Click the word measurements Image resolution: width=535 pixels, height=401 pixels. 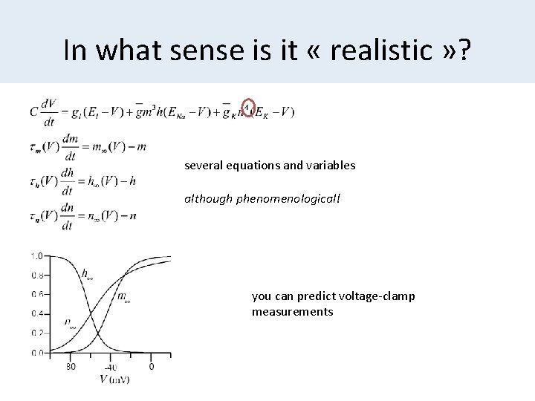pos(292,312)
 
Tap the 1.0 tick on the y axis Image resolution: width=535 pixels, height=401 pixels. pos(36,256)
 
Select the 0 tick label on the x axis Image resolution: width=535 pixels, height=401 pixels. pos(152,366)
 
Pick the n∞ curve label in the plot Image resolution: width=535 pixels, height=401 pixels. pos(69,325)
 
